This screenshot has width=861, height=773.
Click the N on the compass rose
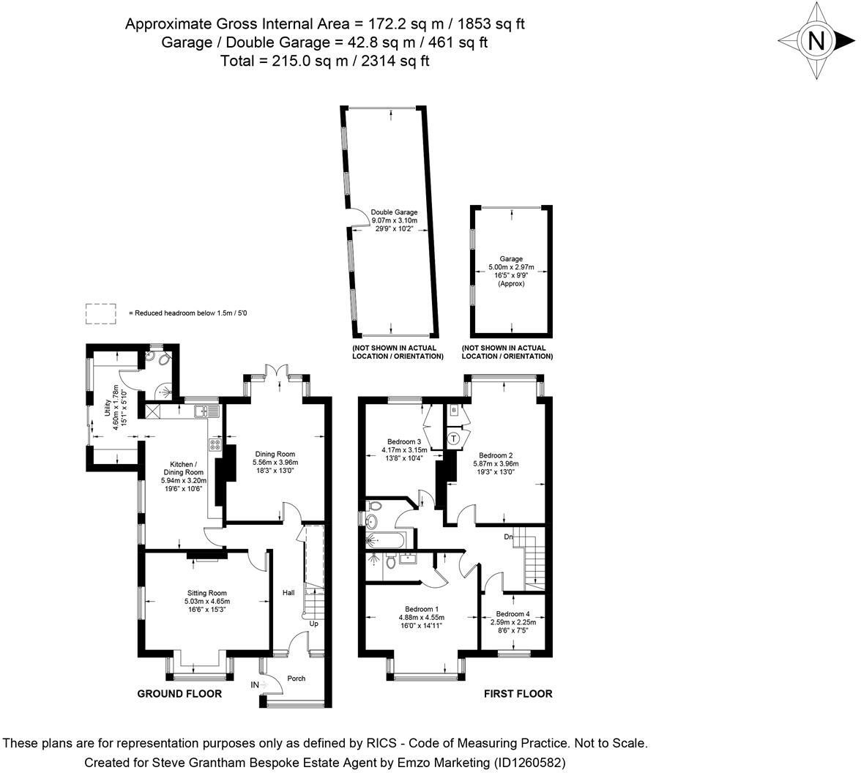[x=816, y=41]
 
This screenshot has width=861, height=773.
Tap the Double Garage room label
[x=394, y=212]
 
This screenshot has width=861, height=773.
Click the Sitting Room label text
[x=207, y=593]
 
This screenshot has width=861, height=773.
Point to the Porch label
[x=296, y=679]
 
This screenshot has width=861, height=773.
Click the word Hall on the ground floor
[x=288, y=592]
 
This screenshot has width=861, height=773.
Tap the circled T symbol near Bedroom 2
[x=454, y=438]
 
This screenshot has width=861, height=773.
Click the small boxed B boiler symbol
[x=454, y=410]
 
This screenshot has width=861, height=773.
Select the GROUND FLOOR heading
[x=179, y=694]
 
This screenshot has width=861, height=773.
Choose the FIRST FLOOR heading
[x=518, y=694]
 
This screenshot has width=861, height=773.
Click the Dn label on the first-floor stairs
[x=508, y=537]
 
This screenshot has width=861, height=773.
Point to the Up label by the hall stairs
[x=313, y=624]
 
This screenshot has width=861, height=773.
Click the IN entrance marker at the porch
[x=255, y=684]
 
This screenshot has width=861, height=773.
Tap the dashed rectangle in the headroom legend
[x=101, y=313]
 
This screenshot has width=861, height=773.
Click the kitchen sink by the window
[x=206, y=411]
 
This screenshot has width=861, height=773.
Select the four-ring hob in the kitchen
[x=215, y=445]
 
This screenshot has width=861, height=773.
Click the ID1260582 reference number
[x=529, y=763]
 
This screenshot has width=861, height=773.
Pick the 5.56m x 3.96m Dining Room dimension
[x=275, y=463]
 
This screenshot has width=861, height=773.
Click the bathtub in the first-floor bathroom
[x=384, y=539]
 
